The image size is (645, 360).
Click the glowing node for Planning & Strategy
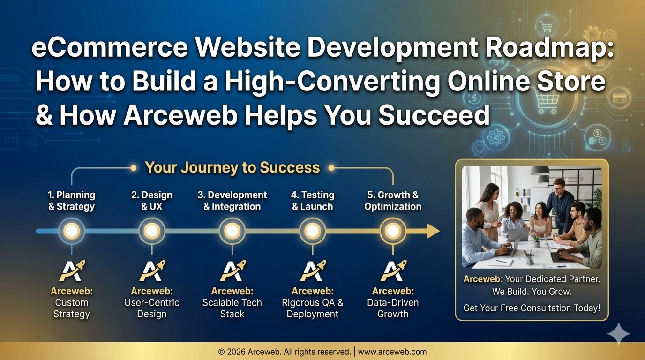coord(71,231)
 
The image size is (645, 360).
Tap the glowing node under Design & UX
coord(152,231)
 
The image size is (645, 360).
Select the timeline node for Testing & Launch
coord(313,231)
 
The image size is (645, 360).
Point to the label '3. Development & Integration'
coord(232,201)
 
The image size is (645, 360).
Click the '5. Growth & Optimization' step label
coord(393,201)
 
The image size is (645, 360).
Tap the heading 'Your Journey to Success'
coord(232,167)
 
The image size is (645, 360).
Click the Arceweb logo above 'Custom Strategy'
coord(72,270)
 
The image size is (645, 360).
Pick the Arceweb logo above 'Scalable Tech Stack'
coord(232,270)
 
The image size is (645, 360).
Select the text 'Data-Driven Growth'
coord(393,308)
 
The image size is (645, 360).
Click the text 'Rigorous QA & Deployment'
coord(313,308)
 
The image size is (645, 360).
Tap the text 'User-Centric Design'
coord(152,308)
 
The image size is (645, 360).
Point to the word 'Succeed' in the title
coord(434,115)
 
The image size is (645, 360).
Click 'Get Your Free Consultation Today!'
coord(532,308)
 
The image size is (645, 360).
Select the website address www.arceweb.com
coord(392,352)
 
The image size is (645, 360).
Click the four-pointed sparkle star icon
coord(618,334)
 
